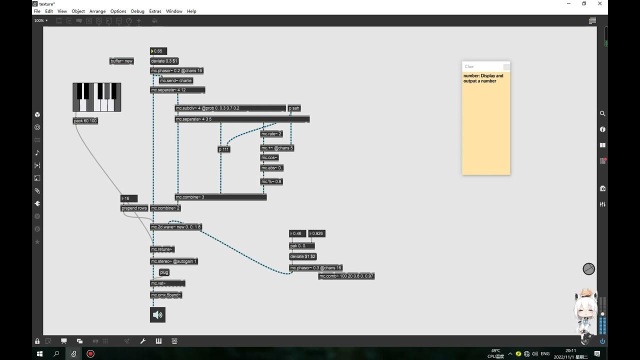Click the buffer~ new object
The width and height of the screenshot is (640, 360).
121,61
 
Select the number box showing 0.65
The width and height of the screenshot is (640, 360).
158,51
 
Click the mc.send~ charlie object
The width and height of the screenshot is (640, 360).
176,80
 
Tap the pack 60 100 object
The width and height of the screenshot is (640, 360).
85,121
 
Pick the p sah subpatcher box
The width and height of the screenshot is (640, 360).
294,108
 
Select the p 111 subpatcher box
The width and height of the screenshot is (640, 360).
224,149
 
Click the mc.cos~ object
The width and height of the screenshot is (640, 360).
269,157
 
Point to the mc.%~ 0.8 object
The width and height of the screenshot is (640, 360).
271,181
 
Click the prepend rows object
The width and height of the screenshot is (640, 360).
134,208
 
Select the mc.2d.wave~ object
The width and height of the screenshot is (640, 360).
176,227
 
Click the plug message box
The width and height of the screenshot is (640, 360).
164,272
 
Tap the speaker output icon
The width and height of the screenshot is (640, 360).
157,315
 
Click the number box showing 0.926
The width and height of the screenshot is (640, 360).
316,233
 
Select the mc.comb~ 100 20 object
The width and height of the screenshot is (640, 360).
346,276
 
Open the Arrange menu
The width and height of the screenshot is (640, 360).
97,11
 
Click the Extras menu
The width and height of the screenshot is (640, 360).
155,11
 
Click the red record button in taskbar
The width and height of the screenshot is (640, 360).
90,353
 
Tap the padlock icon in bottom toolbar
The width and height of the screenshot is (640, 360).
37,341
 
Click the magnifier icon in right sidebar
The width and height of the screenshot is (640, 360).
602,113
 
